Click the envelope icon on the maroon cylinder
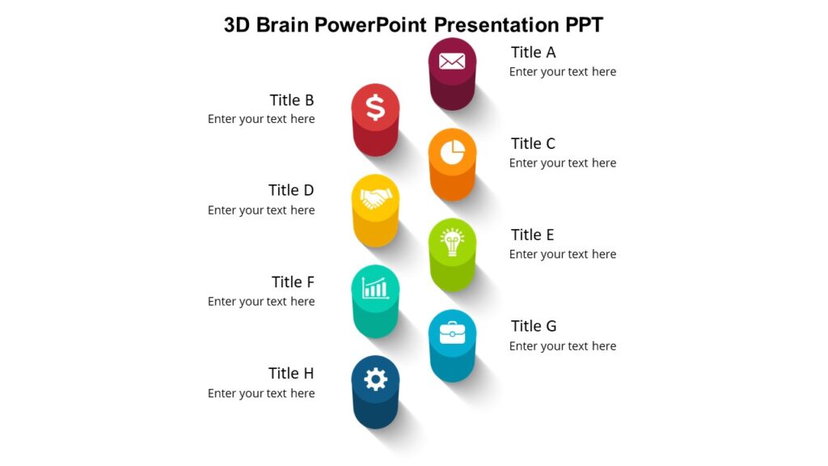coord(452,61)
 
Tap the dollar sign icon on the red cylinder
coord(375,107)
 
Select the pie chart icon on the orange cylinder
coord(452,151)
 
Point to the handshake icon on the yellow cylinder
coord(375,198)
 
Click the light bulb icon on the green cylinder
coord(452,242)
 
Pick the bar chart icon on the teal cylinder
coord(375,288)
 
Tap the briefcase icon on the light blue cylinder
coord(452,333)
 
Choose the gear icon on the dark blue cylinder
coord(375,379)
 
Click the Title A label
coord(533,53)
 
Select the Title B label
coord(291,100)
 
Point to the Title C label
coord(533,144)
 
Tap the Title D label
coord(291,190)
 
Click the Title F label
coord(293,282)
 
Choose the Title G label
coord(534,326)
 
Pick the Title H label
coord(291,374)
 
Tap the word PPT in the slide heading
coord(580,25)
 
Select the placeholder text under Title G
coord(562,346)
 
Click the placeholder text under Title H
coord(261,393)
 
